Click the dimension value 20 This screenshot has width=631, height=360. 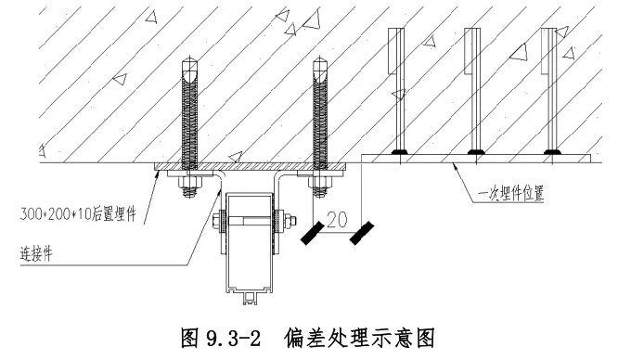(337, 220)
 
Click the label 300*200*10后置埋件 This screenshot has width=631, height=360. (78, 213)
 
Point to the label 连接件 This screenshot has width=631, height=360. (36, 254)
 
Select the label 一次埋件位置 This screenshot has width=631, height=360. (510, 194)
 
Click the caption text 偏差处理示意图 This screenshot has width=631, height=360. (359, 339)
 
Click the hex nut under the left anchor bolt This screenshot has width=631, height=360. (189, 184)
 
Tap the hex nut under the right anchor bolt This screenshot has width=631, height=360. (320, 184)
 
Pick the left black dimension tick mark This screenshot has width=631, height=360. (313, 233)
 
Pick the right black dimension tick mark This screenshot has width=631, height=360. (361, 233)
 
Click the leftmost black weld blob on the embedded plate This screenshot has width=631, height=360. (400, 152)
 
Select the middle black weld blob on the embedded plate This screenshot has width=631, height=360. (476, 152)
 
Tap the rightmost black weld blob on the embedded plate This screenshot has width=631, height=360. (552, 152)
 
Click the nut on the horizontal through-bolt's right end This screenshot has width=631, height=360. (290, 221)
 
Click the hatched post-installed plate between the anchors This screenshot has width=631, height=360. (251, 166)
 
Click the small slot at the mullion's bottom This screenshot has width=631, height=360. (251, 298)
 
